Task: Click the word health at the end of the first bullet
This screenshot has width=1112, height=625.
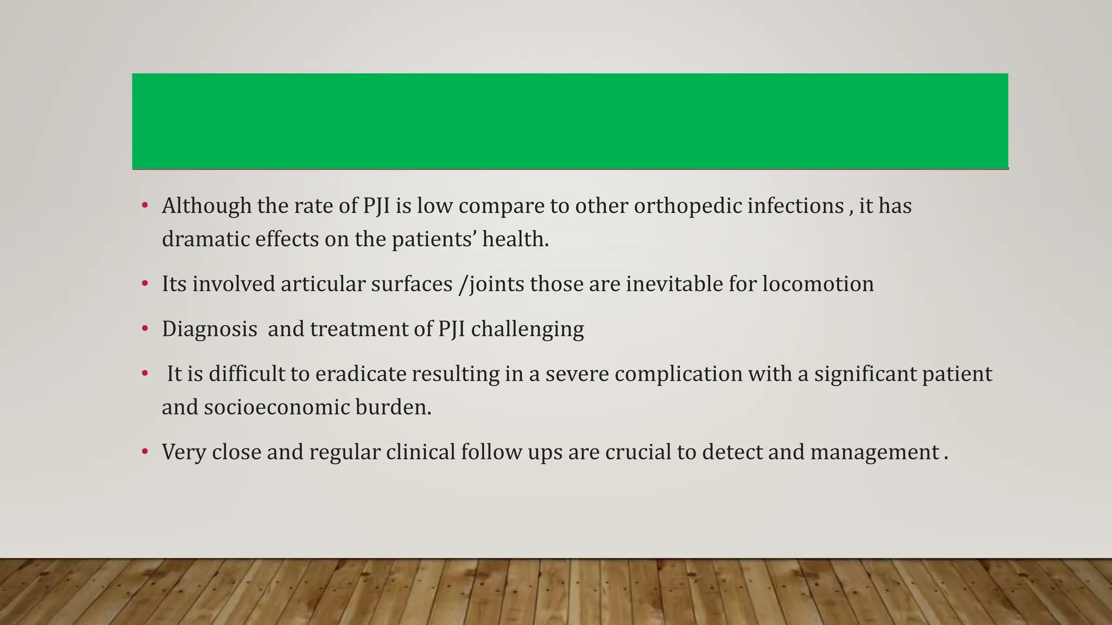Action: click(x=515, y=239)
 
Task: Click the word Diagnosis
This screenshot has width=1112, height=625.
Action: click(x=210, y=329)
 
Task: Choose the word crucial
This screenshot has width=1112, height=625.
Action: click(x=638, y=452)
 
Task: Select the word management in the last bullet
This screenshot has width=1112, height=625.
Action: click(x=875, y=452)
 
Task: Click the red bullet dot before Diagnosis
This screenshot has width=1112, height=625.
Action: click(x=145, y=329)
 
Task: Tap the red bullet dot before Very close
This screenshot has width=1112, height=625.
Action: click(x=145, y=452)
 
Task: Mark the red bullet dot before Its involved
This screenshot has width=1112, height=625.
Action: click(x=145, y=284)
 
